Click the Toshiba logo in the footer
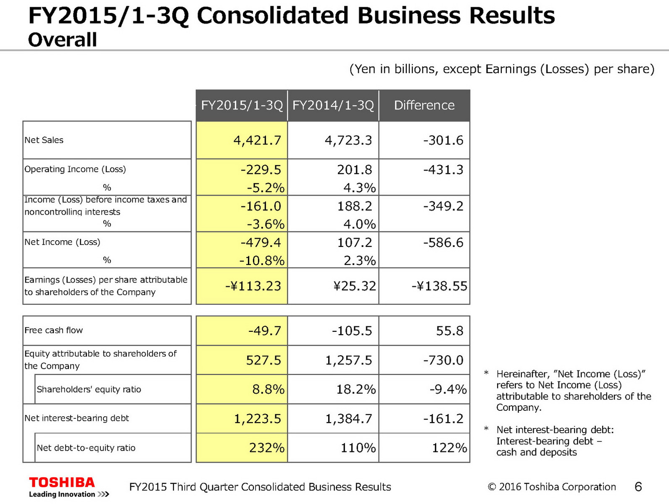[62, 482]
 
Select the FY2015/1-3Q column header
[242, 105]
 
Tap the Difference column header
[424, 105]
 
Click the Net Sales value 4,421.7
[257, 140]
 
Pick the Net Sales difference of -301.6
[443, 140]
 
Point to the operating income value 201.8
[354, 169]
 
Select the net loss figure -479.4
[261, 242]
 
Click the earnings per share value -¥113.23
[253, 286]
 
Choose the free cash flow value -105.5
[352, 331]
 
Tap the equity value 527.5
[263, 360]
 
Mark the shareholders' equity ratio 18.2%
[356, 389]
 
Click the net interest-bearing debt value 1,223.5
[257, 419]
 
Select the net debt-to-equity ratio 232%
[266, 448]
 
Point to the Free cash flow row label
[54, 330]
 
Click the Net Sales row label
[44, 140]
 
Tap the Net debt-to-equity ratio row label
[86, 448]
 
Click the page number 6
[638, 487]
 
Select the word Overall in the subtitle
[63, 40]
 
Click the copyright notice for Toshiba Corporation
[552, 487]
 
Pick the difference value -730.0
[443, 360]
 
